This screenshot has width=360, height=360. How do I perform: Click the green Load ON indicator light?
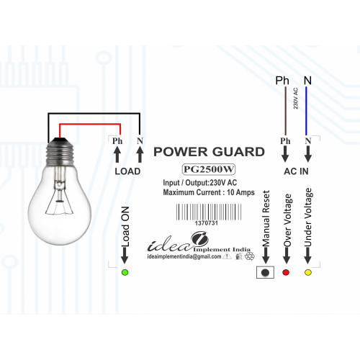click(125, 272)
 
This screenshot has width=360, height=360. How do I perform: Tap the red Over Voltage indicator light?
click(286, 272)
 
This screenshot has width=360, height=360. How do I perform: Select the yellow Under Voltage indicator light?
click(308, 272)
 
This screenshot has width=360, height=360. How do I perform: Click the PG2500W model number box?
click(208, 169)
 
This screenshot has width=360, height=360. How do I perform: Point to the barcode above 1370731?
click(209, 212)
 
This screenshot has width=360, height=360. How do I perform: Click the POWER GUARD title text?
click(209, 152)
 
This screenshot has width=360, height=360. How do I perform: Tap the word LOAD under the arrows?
click(127, 171)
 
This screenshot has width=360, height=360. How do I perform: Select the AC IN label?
click(296, 171)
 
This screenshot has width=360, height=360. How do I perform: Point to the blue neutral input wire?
click(306, 111)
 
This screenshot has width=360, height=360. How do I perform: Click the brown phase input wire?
click(286, 111)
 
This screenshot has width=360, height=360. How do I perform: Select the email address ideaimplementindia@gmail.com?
click(184, 256)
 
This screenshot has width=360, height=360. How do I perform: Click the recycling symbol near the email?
click(250, 256)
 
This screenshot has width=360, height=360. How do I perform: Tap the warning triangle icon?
click(227, 256)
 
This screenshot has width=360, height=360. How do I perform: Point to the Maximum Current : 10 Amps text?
click(209, 192)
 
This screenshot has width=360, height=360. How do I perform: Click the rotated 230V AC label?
click(295, 98)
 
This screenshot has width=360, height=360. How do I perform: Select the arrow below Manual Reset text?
click(266, 256)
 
